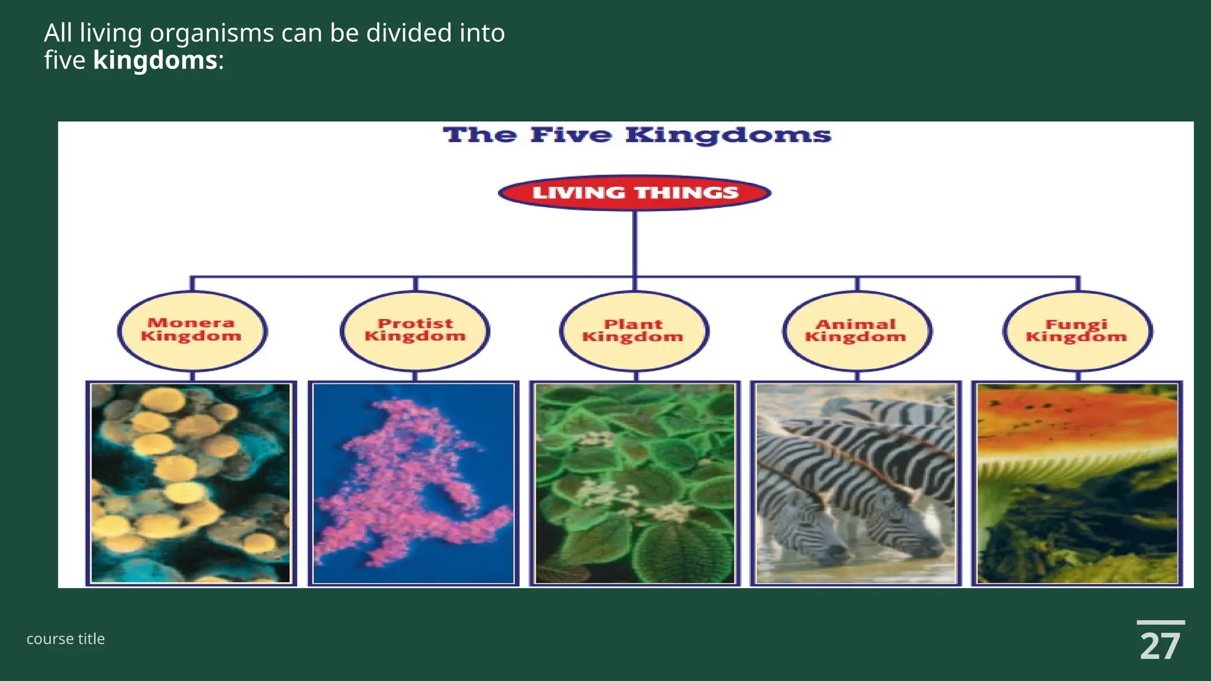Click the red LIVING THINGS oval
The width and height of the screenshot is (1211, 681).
point(634,193)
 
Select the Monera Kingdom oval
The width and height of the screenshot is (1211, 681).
point(192,330)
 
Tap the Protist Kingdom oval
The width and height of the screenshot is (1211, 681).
point(415,330)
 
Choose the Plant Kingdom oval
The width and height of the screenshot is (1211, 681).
point(633,330)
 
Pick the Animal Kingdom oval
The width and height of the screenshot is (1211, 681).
point(856,330)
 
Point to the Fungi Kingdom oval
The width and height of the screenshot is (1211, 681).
point(1077,330)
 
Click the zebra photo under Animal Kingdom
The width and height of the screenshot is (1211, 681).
point(856,484)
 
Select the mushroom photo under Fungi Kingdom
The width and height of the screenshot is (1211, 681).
point(1077,484)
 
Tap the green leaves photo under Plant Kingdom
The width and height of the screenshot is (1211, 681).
point(634,484)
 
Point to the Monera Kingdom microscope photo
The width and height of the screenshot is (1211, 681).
point(191,484)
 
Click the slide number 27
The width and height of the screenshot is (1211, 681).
point(1160,647)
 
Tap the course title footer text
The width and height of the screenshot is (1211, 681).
point(66,639)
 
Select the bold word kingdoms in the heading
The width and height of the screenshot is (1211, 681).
point(155,60)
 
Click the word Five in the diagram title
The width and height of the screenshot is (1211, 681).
point(571,135)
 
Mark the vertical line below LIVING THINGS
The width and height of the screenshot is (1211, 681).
point(634,242)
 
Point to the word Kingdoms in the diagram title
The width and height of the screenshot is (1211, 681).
point(728,135)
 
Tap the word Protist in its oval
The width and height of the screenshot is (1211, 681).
point(415,323)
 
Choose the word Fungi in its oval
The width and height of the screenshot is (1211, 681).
point(1076,324)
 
